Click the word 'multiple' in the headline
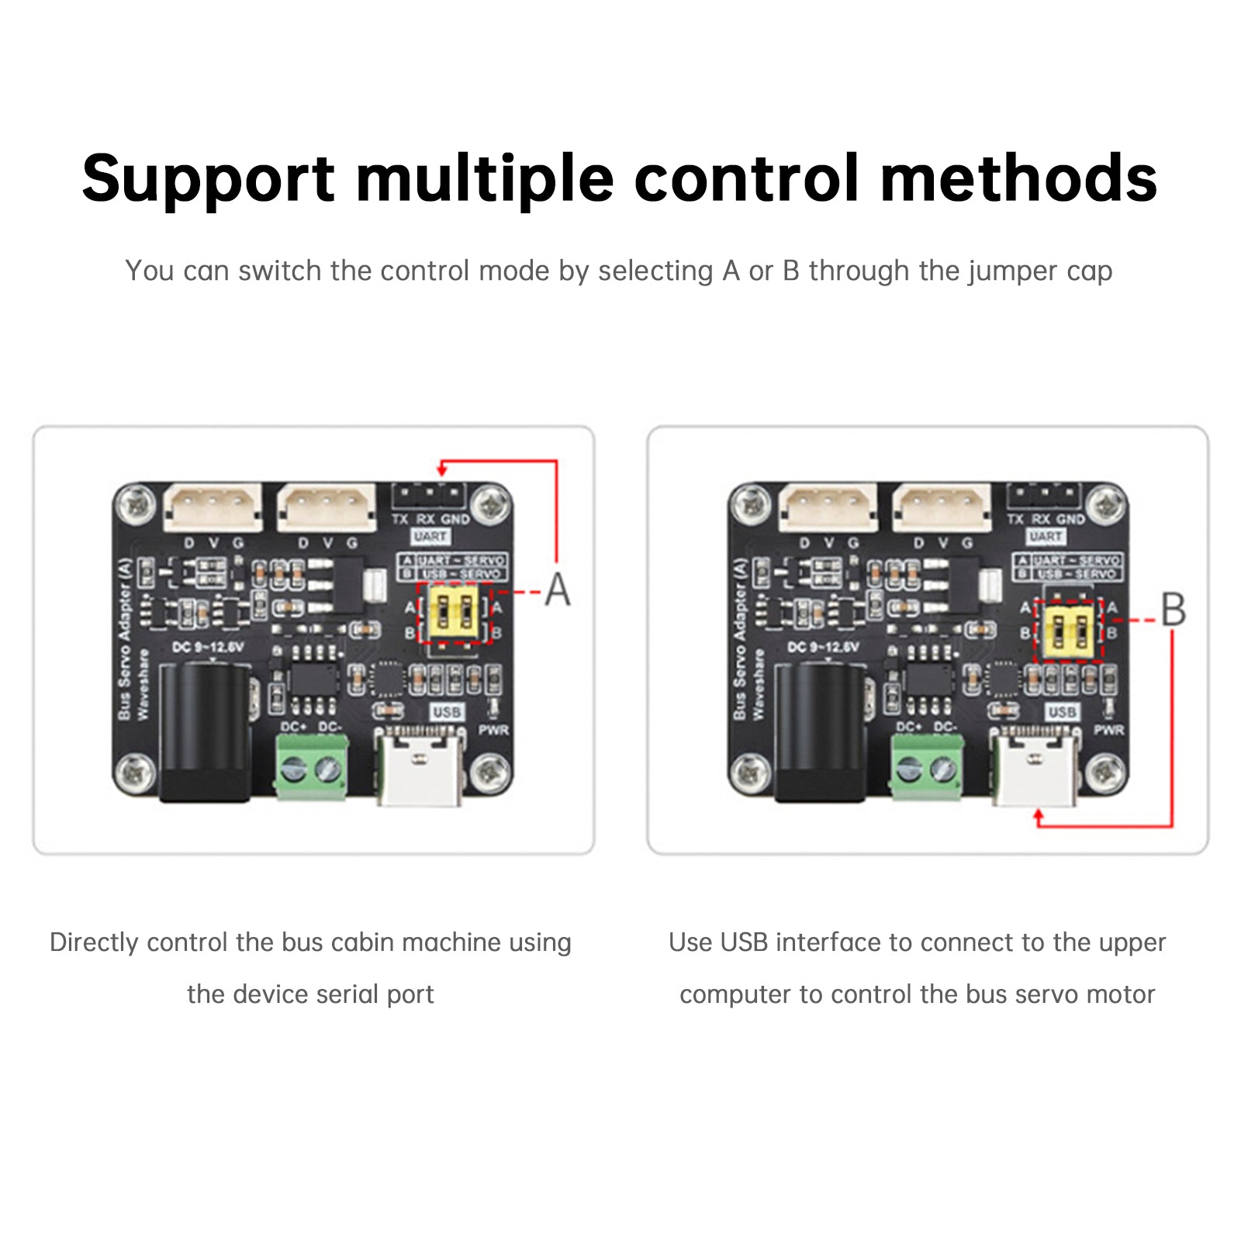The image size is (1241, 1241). point(484,180)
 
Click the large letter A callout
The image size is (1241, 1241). point(557,590)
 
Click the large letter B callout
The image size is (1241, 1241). point(1173,610)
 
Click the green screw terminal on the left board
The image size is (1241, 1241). point(312,767)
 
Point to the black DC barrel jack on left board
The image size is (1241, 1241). point(206,733)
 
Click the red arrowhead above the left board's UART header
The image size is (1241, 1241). point(441,468)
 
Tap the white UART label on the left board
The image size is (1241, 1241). point(430,537)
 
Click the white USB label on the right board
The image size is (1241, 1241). point(1062,712)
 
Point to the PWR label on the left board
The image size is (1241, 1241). point(493,731)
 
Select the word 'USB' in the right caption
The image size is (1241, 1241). point(743,942)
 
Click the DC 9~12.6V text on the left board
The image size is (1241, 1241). point(207,647)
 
